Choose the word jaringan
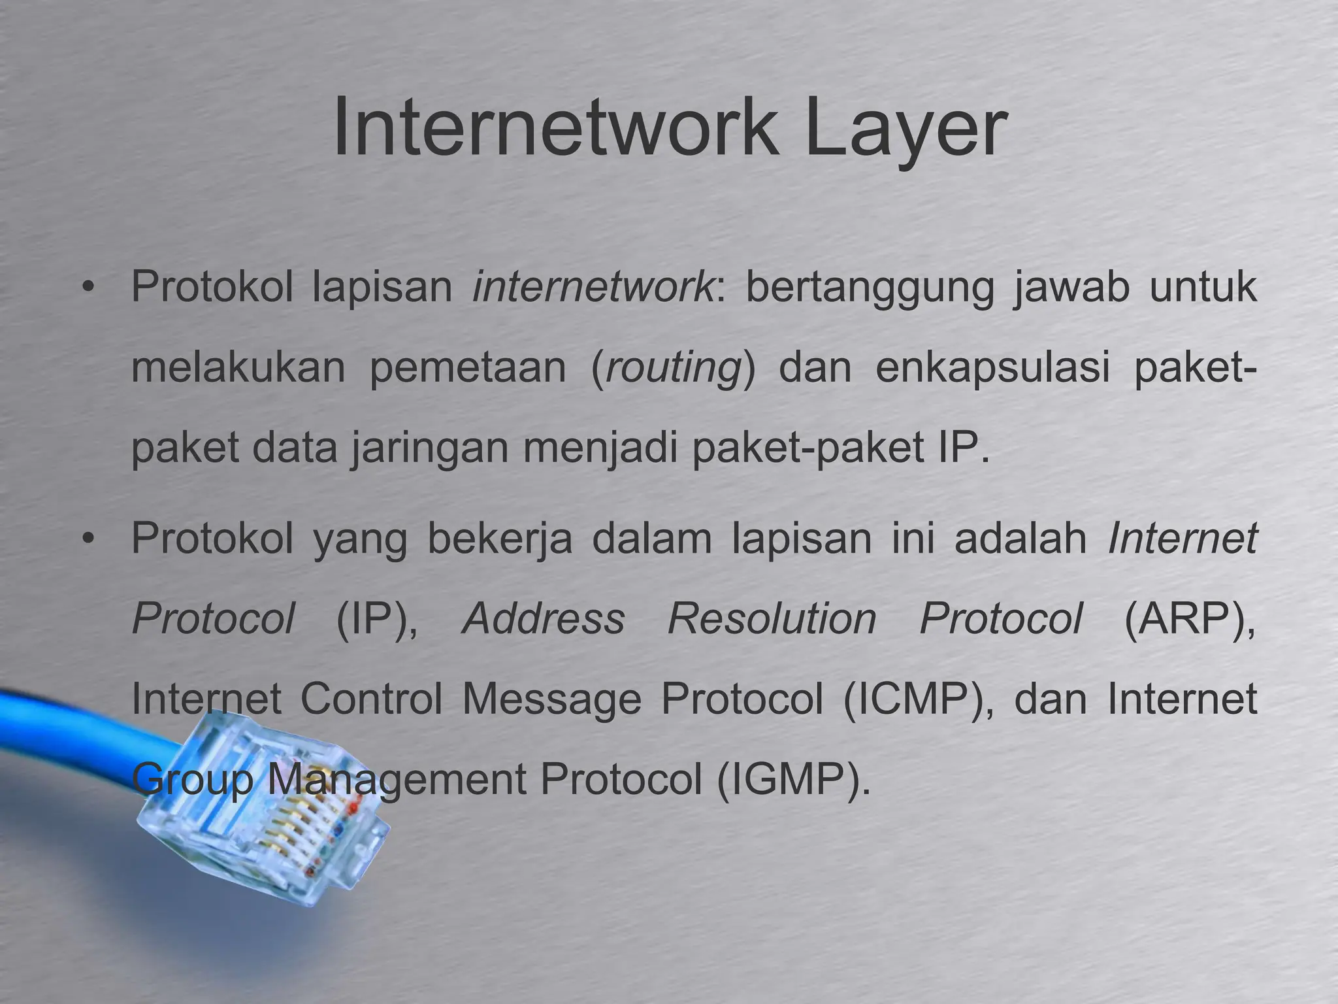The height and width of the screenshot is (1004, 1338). pyautogui.click(x=431, y=450)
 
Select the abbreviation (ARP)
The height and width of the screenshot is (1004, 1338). pyautogui.click(x=1189, y=619)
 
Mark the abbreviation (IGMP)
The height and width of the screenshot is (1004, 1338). pyautogui.click(x=793, y=780)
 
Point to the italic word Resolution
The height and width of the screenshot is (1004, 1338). pyautogui.click(x=772, y=618)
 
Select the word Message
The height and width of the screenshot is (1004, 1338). pyautogui.click(x=552, y=699)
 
